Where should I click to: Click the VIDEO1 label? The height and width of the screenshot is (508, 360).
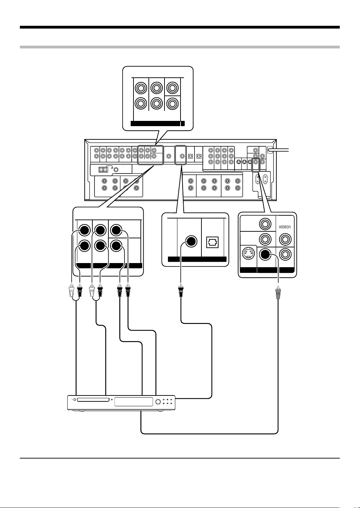click(285, 227)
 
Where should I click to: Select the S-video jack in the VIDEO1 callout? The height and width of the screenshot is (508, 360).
click(248, 253)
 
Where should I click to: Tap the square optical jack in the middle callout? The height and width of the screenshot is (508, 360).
click(212, 242)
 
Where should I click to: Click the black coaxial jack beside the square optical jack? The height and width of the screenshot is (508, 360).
click(191, 241)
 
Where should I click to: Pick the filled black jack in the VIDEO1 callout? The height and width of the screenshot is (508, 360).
click(265, 254)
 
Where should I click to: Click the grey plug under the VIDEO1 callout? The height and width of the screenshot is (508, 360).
click(278, 293)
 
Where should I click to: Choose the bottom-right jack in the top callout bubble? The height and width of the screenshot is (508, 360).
click(173, 103)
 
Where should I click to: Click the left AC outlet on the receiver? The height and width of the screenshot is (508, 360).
click(258, 179)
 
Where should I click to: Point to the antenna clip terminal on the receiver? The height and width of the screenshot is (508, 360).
click(103, 169)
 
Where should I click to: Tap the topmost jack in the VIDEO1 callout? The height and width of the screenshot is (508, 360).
click(265, 224)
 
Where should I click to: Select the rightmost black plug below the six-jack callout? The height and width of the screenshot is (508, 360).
click(128, 290)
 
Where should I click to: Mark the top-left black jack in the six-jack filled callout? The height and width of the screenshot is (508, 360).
click(84, 230)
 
